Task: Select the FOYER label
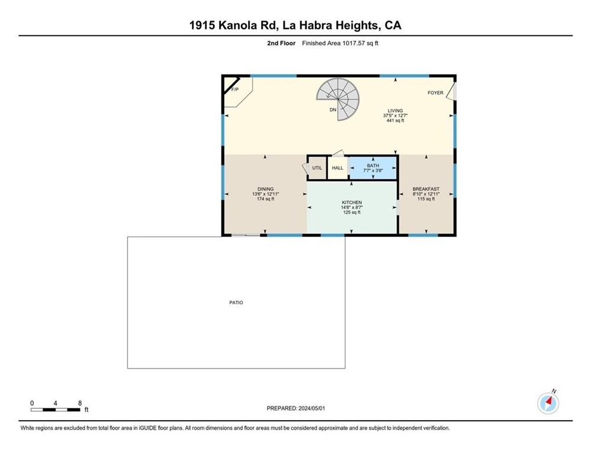(435, 93)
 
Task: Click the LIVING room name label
(395, 111)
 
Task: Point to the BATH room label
(372, 165)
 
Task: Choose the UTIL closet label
(317, 168)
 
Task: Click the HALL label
(338, 168)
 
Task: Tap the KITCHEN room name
(352, 203)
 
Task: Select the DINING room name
(265, 189)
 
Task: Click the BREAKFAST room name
(426, 189)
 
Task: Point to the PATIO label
(236, 303)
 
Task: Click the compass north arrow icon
(548, 403)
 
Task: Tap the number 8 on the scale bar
(80, 402)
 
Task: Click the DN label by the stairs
(333, 110)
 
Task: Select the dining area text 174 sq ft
(265, 199)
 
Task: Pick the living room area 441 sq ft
(395, 120)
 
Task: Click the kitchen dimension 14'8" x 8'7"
(352, 207)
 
